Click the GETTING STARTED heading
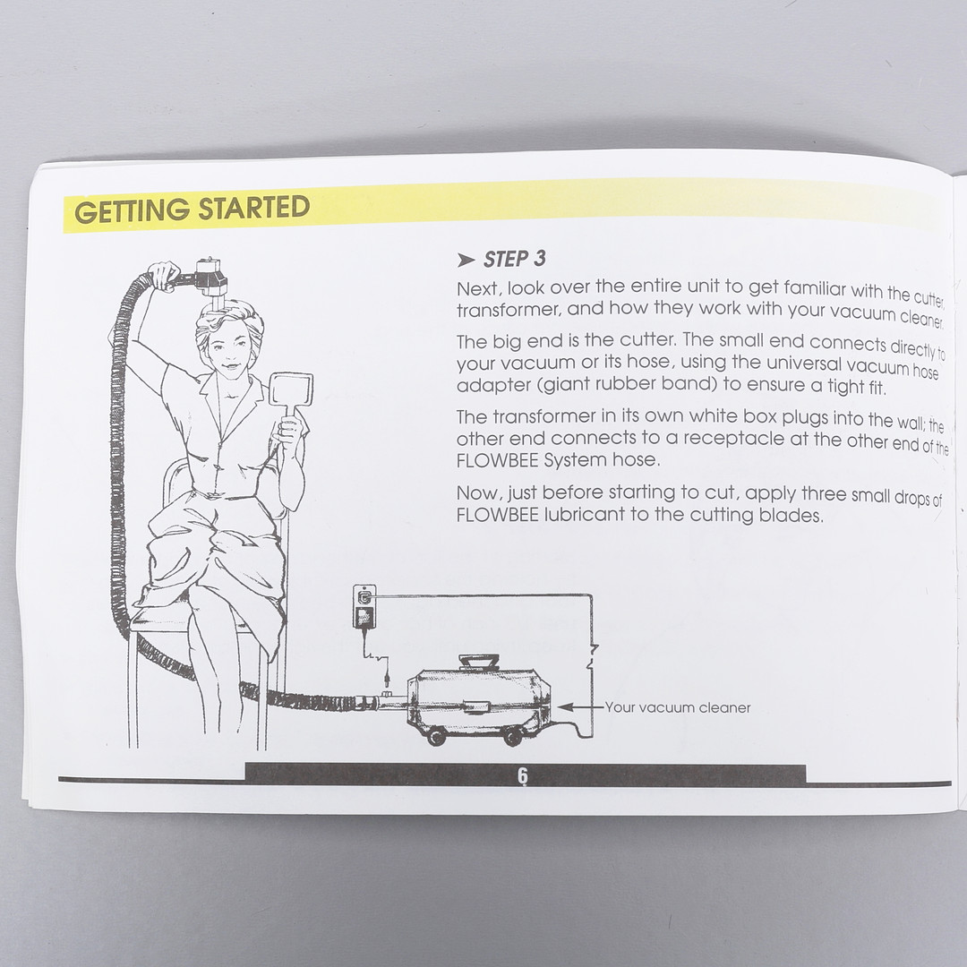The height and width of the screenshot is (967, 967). [192, 209]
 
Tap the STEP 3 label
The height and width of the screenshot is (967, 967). [514, 259]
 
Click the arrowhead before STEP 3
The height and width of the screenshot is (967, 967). [466, 261]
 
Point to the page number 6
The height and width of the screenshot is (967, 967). [523, 775]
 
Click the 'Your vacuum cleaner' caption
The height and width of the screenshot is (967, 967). [678, 707]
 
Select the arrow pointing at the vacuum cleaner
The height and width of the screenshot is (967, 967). [579, 707]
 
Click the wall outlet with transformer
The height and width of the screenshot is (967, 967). [364, 605]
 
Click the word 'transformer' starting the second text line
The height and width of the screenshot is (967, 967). [507, 309]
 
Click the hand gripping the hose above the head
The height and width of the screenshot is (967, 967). [166, 275]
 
